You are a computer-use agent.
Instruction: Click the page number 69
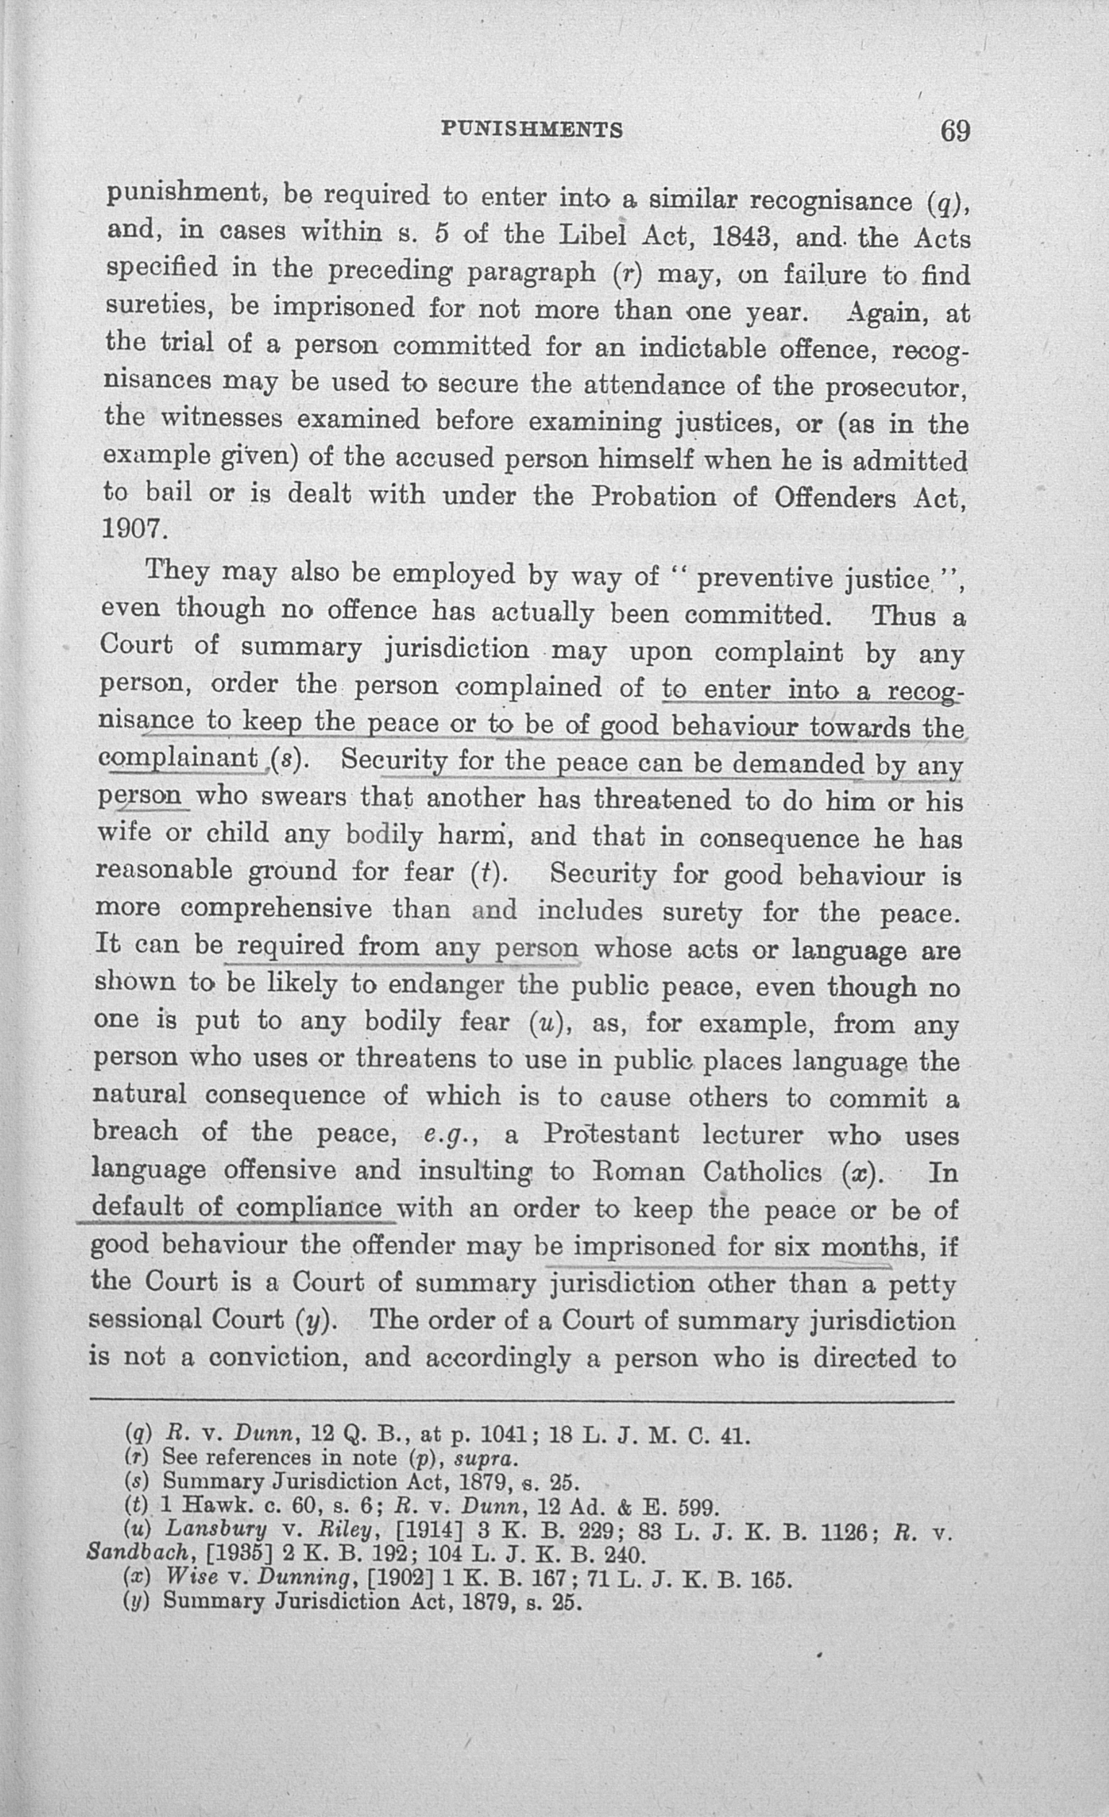click(x=954, y=131)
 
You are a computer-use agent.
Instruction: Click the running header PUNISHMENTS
click(x=531, y=130)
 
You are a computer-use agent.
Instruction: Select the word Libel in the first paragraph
click(x=595, y=236)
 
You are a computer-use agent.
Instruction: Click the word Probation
click(x=653, y=497)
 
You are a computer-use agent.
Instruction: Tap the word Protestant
click(x=610, y=1134)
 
